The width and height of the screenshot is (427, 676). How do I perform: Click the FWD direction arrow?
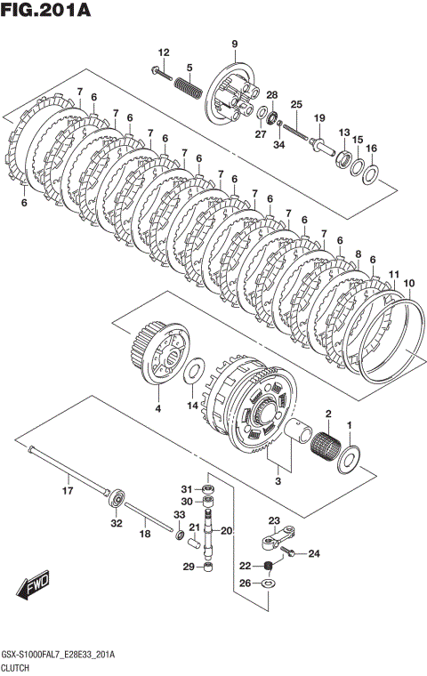coord(33,585)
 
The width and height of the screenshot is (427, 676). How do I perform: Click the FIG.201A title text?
coord(45,10)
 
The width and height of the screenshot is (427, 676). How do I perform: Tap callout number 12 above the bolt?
coord(164,52)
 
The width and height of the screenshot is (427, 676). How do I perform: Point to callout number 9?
coord(234,44)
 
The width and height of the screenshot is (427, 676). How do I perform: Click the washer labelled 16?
coord(371,173)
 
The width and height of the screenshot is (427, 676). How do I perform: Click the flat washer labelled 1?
coord(349,460)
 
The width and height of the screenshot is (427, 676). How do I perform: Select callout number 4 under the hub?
coord(157,408)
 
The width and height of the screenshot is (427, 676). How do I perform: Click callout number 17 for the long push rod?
coord(68,490)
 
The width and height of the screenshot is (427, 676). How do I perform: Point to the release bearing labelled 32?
coord(117,500)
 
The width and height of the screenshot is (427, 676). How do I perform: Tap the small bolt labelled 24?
coord(287,551)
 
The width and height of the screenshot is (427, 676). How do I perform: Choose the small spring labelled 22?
coord(268,566)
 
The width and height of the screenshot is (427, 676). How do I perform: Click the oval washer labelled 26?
coord(269,583)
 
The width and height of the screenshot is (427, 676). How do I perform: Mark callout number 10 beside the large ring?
coord(409,283)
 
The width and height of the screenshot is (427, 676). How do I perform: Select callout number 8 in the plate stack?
coord(358,254)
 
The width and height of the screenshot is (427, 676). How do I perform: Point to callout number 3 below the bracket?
coord(278,480)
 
